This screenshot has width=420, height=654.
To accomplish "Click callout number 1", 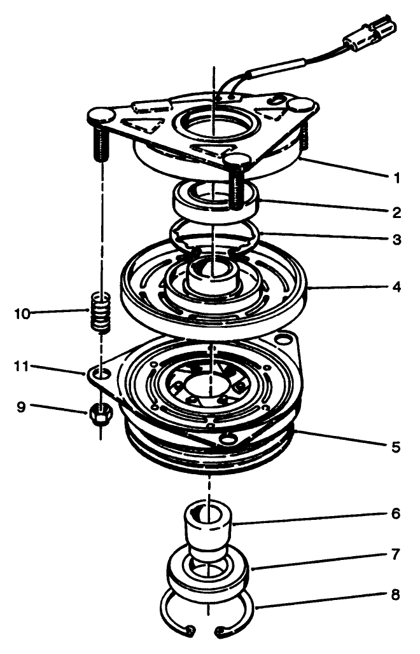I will pyautogui.click(x=397, y=178).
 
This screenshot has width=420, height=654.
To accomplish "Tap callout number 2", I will pyautogui.click(x=397, y=212).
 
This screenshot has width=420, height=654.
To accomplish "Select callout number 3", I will pyautogui.click(x=397, y=240).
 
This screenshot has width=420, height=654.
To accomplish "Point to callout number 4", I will pyautogui.click(x=397, y=287).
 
